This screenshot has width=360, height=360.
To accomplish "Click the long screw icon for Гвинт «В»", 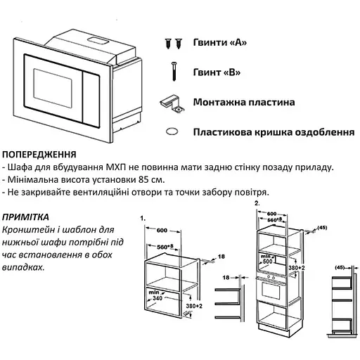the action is point(174,71).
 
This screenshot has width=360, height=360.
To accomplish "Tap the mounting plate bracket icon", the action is point(172,103).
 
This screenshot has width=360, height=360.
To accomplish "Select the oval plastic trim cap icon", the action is point(172,131).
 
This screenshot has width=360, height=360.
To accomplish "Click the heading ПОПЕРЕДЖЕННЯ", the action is point(39,155).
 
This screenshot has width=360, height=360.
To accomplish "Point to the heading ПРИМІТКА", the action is point(25,217).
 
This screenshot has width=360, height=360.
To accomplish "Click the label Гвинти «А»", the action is point(220,42).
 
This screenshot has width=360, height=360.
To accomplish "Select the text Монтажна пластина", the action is point(244,102).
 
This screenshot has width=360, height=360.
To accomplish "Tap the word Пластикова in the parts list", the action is point(222,132).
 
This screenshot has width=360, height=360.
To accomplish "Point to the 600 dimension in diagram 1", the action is point(162,231).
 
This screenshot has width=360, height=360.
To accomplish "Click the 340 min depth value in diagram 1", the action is point(157,298).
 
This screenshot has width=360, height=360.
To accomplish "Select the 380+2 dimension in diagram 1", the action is point(194,306).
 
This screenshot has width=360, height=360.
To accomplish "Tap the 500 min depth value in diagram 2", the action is point(267,262).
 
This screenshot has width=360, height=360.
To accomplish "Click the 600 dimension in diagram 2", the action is point(272,214).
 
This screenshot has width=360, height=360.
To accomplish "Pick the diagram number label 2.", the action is point(257,203).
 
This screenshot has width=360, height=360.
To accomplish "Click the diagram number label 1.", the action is point(143,219).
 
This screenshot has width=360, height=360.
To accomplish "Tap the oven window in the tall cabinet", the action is point(271,290).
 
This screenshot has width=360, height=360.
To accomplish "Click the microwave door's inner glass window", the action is point(53,88).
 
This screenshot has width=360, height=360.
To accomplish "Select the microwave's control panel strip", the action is point(91,99).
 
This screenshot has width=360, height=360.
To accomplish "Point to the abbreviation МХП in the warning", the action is point(116,167).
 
